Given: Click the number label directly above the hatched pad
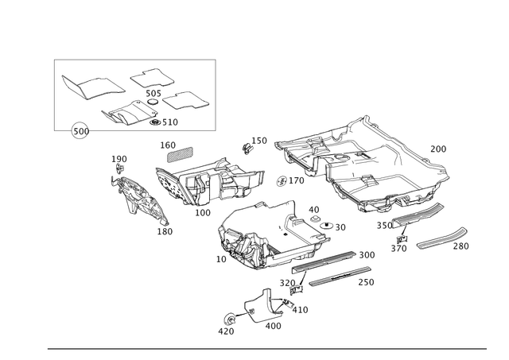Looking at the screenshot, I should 167,144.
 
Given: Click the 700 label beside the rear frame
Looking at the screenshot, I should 438,148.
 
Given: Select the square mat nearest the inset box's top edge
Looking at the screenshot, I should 151,76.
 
